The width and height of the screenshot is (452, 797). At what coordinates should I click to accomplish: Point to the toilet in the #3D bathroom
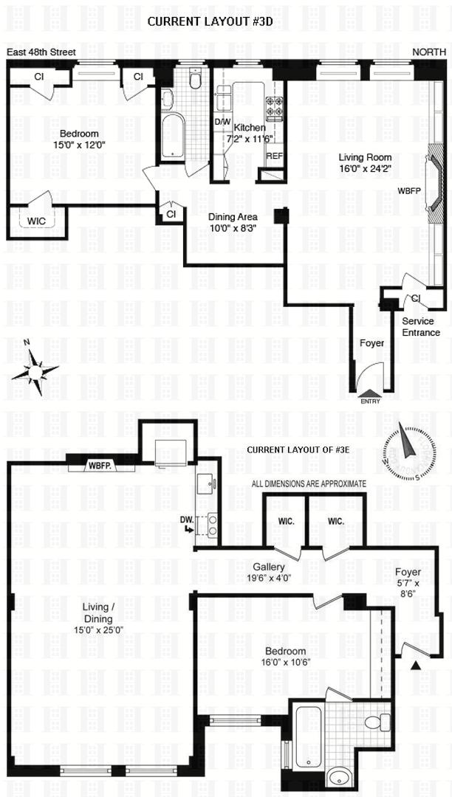pyautogui.click(x=196, y=80)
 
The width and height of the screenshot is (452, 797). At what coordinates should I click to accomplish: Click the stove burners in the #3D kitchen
pyautogui.click(x=275, y=107)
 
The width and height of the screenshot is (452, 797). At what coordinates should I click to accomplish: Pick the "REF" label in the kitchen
pyautogui.click(x=274, y=156)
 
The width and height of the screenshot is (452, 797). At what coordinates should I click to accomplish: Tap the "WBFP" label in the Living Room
pyautogui.click(x=408, y=190)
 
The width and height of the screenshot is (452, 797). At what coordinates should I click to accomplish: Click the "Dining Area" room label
pyautogui.click(x=233, y=217)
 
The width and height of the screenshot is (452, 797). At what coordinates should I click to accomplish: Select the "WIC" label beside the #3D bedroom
pyautogui.click(x=38, y=221)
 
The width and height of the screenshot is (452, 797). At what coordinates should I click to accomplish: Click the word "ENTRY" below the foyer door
pyautogui.click(x=370, y=401)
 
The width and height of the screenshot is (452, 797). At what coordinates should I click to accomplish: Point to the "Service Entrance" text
pyautogui.click(x=421, y=327)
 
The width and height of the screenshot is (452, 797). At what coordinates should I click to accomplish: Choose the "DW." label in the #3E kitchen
pyautogui.click(x=187, y=520)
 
